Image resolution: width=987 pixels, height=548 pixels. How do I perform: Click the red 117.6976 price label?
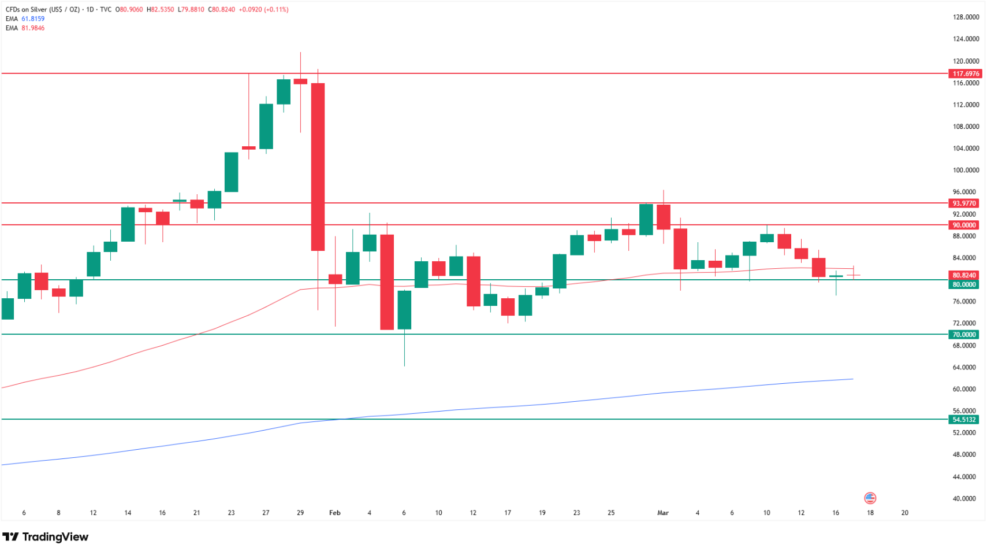point(965,73)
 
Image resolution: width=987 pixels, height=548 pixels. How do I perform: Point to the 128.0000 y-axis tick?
point(966,17)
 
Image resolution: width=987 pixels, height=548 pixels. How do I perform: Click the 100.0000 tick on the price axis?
point(966,170)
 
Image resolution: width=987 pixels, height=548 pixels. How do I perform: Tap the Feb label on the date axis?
point(334,513)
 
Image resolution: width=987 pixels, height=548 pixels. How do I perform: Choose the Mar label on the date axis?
point(662,513)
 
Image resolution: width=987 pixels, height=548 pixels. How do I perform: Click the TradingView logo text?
point(55,537)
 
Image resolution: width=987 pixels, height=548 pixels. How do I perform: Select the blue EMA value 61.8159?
point(33,18)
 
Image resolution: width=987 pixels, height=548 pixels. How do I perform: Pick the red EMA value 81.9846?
point(33,28)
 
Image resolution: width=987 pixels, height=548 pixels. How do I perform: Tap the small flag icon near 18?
point(870,498)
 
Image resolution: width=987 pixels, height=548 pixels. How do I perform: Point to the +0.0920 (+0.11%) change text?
point(263,9)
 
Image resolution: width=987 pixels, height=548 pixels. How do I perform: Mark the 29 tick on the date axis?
point(300,513)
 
